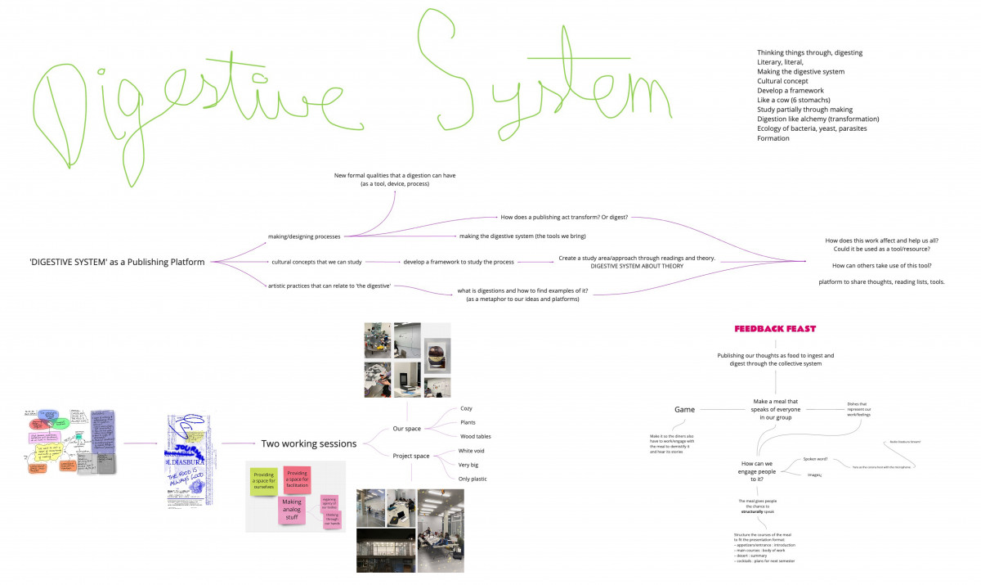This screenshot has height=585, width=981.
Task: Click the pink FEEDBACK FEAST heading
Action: (x=775, y=329)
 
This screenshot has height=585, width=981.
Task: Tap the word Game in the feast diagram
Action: (x=684, y=409)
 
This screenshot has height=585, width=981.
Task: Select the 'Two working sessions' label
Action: (x=308, y=443)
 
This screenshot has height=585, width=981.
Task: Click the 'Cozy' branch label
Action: (x=466, y=408)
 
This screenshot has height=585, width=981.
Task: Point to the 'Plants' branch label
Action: (x=469, y=422)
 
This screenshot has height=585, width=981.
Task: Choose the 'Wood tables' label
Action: (x=476, y=436)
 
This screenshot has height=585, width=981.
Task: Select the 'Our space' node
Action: (x=407, y=430)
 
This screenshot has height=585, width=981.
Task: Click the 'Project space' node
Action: (x=411, y=457)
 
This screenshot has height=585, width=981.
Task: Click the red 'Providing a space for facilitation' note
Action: (x=298, y=479)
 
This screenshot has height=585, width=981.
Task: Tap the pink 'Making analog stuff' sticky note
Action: (x=292, y=510)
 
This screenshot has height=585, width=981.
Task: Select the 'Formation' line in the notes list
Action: (x=773, y=138)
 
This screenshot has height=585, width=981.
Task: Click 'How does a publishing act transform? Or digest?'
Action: (x=563, y=218)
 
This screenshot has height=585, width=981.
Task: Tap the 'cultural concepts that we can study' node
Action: (x=316, y=262)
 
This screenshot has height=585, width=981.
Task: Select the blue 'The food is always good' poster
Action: (x=190, y=464)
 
